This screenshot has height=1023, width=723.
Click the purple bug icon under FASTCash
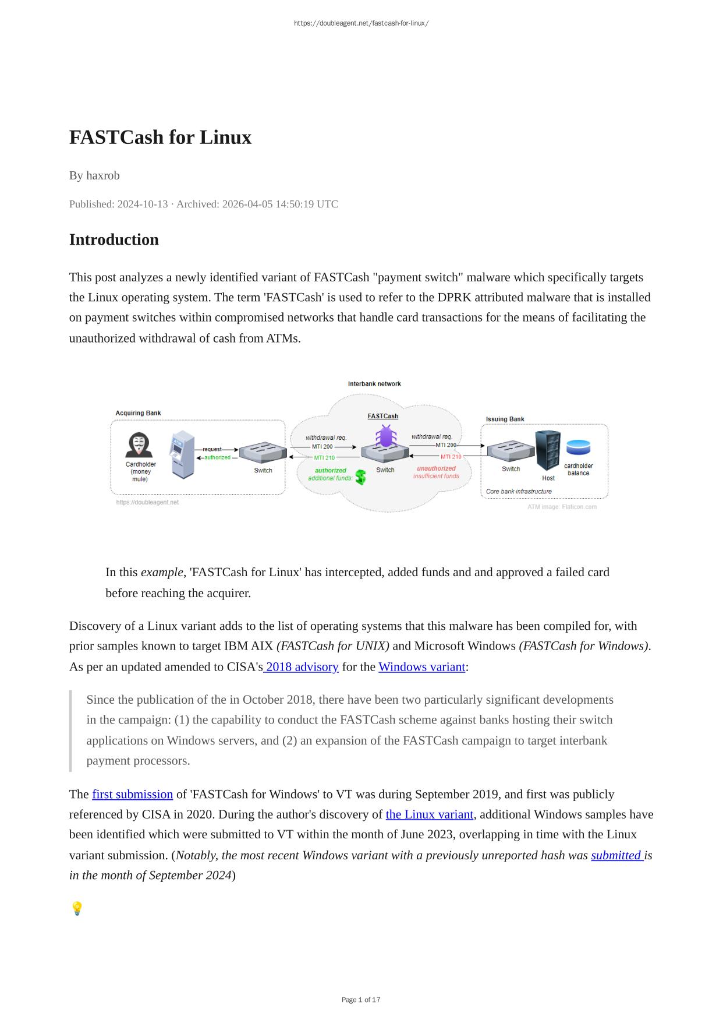tap(385, 436)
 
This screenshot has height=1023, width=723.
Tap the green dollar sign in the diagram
tap(361, 478)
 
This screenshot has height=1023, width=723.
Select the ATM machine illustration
tap(182, 454)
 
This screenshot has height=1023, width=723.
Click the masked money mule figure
tap(139, 446)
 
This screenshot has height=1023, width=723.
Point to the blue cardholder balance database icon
tap(578, 447)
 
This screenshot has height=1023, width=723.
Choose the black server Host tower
tap(548, 450)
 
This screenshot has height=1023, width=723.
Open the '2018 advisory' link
tap(302, 666)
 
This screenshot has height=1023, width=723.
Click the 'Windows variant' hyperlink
tap(421, 666)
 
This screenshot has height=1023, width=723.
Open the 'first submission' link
tap(132, 794)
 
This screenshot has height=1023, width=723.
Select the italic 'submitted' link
tap(616, 855)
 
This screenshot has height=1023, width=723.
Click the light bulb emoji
tap(77, 908)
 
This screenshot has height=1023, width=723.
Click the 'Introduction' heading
tap(114, 239)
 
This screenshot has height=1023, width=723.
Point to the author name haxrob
tap(103, 175)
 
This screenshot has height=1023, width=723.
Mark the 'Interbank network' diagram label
tap(374, 384)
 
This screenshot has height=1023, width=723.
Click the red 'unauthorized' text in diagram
tap(436, 468)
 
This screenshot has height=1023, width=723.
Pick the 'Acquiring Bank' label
tap(138, 413)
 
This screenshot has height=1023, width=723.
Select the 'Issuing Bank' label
tap(505, 419)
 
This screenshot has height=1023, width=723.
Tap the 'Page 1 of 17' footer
tap(361, 1000)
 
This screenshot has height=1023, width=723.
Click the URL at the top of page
tap(361, 23)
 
